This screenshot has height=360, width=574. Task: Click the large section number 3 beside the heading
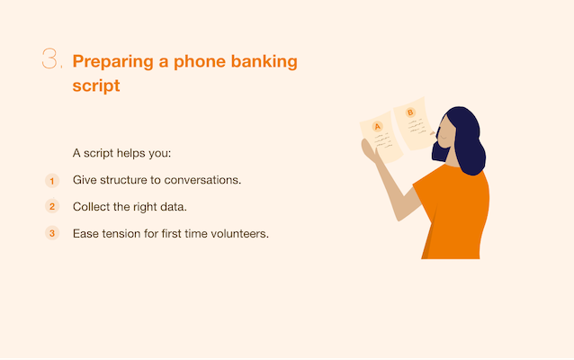click(49, 58)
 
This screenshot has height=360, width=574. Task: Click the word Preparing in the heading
click(112, 62)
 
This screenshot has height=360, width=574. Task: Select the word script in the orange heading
click(96, 85)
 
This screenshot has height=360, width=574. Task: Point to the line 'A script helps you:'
click(121, 153)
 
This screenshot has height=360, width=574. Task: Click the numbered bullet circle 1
click(52, 181)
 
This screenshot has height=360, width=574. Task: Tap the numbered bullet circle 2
click(52, 206)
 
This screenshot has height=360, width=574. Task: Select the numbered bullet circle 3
click(52, 233)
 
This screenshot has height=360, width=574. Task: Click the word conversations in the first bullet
click(202, 180)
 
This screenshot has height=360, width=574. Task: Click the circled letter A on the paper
click(378, 127)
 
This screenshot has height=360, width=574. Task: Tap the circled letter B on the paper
click(410, 112)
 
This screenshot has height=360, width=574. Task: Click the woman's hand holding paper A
click(369, 150)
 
